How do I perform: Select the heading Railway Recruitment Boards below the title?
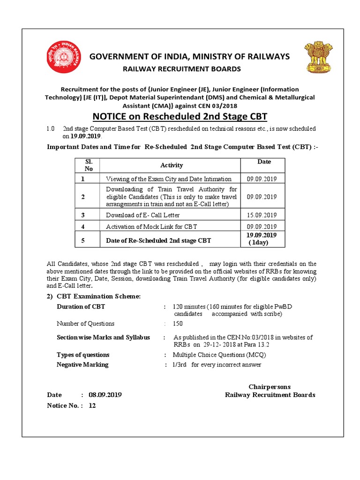182,69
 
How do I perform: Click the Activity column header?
172,165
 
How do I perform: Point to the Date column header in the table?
264,162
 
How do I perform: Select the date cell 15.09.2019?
262,215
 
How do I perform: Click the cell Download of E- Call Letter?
142,215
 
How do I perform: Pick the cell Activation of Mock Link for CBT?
151,226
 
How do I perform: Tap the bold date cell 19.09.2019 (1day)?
262,239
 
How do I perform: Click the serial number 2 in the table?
83,197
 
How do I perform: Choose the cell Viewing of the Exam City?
169,179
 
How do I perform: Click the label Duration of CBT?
81,307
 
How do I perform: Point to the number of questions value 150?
178,323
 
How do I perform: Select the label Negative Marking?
82,364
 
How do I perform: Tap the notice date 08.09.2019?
105,395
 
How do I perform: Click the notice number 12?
92,405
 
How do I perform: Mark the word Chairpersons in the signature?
270,387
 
